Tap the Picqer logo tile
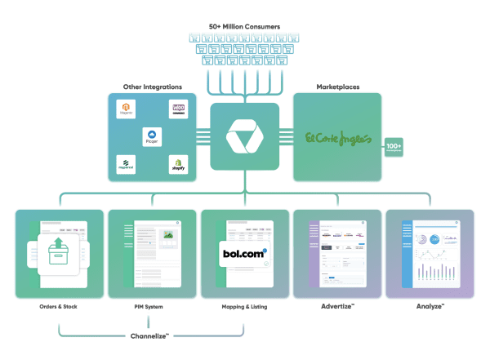click(152, 136)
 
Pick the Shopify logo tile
click(178, 164)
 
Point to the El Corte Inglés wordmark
click(337, 137)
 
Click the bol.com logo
click(244, 254)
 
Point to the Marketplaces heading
click(336, 87)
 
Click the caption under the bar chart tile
click(430, 308)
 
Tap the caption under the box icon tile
click(59, 308)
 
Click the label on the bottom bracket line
click(152, 336)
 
